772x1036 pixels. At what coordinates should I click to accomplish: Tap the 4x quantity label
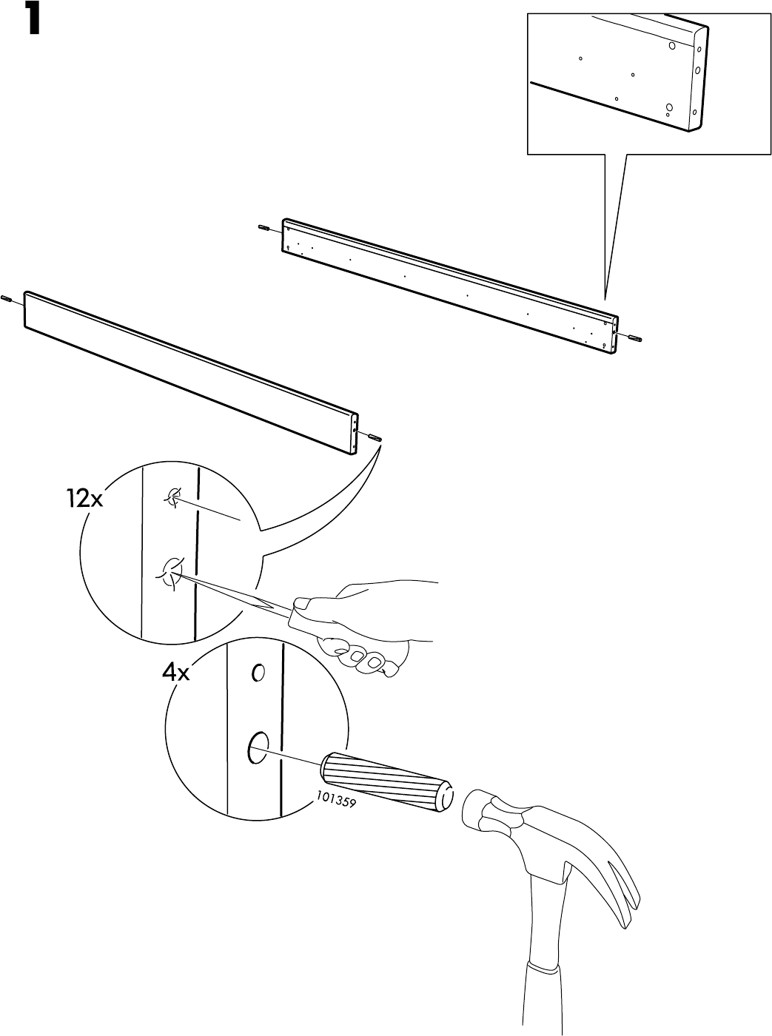click(x=176, y=673)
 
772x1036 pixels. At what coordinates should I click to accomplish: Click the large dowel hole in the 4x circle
click(x=258, y=747)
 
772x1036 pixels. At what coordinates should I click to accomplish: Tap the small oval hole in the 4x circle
click(x=258, y=673)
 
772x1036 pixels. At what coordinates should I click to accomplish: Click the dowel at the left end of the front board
click(x=7, y=299)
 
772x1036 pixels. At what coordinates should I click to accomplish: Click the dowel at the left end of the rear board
click(x=264, y=227)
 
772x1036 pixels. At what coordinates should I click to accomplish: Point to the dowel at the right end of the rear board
click(x=634, y=338)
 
